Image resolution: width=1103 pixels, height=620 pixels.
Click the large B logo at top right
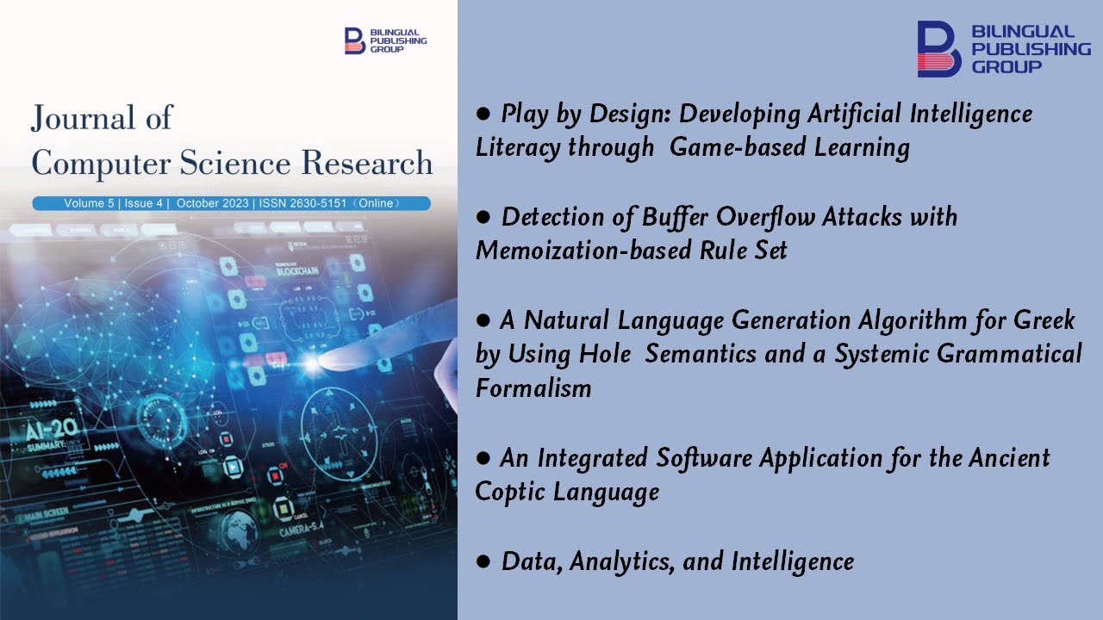click(938, 49)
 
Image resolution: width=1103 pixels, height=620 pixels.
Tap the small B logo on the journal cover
click(354, 40)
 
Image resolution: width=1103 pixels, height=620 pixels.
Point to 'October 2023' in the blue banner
click(210, 204)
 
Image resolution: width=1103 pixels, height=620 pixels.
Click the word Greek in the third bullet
click(1044, 320)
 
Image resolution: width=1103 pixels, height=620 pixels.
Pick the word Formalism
click(533, 388)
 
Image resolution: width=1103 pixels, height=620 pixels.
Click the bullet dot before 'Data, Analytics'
click(484, 561)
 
